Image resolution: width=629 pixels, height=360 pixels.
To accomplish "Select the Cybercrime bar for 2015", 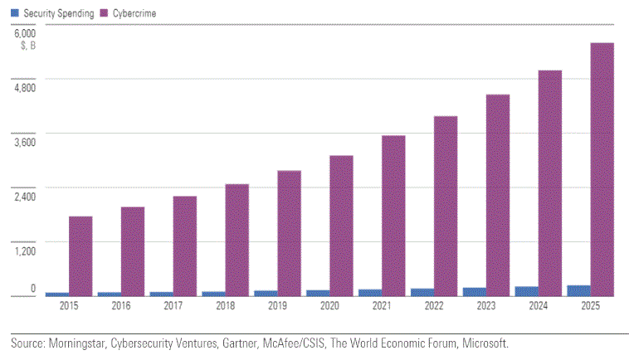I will pos(80,256).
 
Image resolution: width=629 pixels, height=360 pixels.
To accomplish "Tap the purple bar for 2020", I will pos(341,226).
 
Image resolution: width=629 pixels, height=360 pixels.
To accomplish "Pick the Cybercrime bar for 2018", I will pos(237,240).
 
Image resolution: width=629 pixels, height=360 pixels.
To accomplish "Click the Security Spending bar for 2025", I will pos(578,290).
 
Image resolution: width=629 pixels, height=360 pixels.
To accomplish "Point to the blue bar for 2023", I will pos(474,291).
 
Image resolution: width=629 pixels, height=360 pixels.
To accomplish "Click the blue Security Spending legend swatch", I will pos(14,14).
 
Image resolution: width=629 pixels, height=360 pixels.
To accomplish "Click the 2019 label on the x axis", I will pos(277,306).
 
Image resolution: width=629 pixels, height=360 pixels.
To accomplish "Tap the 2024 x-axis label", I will pos(538,306).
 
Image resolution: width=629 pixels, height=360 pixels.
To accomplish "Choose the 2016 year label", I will pos(121,306).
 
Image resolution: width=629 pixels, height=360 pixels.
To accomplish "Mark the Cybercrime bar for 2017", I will pos(185,246).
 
